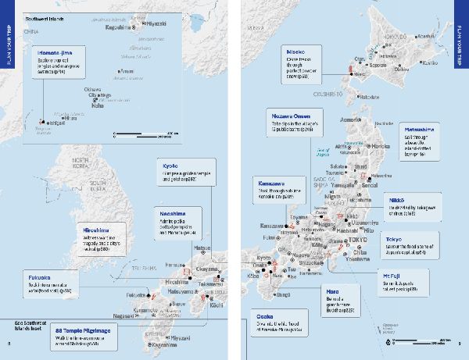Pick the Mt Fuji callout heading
(392, 276)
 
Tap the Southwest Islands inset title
(49, 16)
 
